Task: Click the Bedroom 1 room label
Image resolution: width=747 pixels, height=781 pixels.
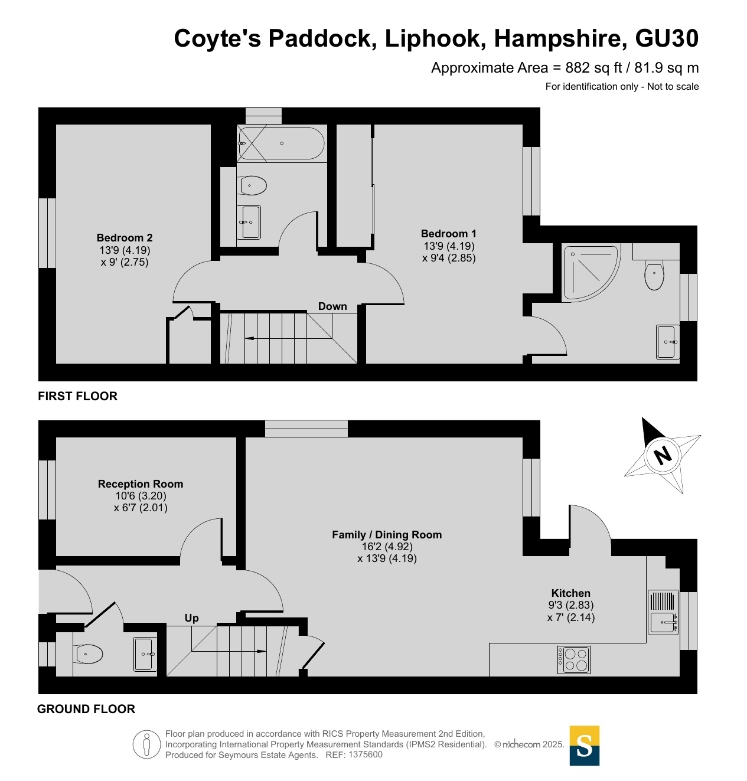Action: (448, 234)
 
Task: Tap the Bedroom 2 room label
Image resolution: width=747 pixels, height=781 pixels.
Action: (125, 237)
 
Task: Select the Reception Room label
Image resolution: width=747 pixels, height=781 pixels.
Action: (141, 483)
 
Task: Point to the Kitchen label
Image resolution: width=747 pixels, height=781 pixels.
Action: (570, 593)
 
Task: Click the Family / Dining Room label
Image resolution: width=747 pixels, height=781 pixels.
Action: (387, 535)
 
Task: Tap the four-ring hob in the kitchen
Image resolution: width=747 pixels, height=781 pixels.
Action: (573, 659)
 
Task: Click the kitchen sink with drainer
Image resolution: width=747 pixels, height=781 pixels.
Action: (663, 612)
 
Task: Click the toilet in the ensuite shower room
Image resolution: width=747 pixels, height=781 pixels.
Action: (654, 275)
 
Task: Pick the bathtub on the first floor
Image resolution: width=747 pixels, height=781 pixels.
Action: (280, 143)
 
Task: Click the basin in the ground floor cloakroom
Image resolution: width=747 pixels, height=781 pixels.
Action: (145, 654)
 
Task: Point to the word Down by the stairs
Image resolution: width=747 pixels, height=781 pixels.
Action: (332, 306)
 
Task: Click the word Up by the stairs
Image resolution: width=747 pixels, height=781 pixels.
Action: (191, 618)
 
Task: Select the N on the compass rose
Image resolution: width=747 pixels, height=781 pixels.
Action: (662, 456)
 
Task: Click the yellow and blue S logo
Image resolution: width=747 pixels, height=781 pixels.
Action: (584, 745)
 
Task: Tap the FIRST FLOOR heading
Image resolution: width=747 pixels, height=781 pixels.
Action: (77, 396)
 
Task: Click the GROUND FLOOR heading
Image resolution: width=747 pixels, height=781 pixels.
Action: (86, 709)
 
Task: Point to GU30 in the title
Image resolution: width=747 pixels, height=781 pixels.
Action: (667, 38)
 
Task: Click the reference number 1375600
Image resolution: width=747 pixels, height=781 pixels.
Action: (365, 754)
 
